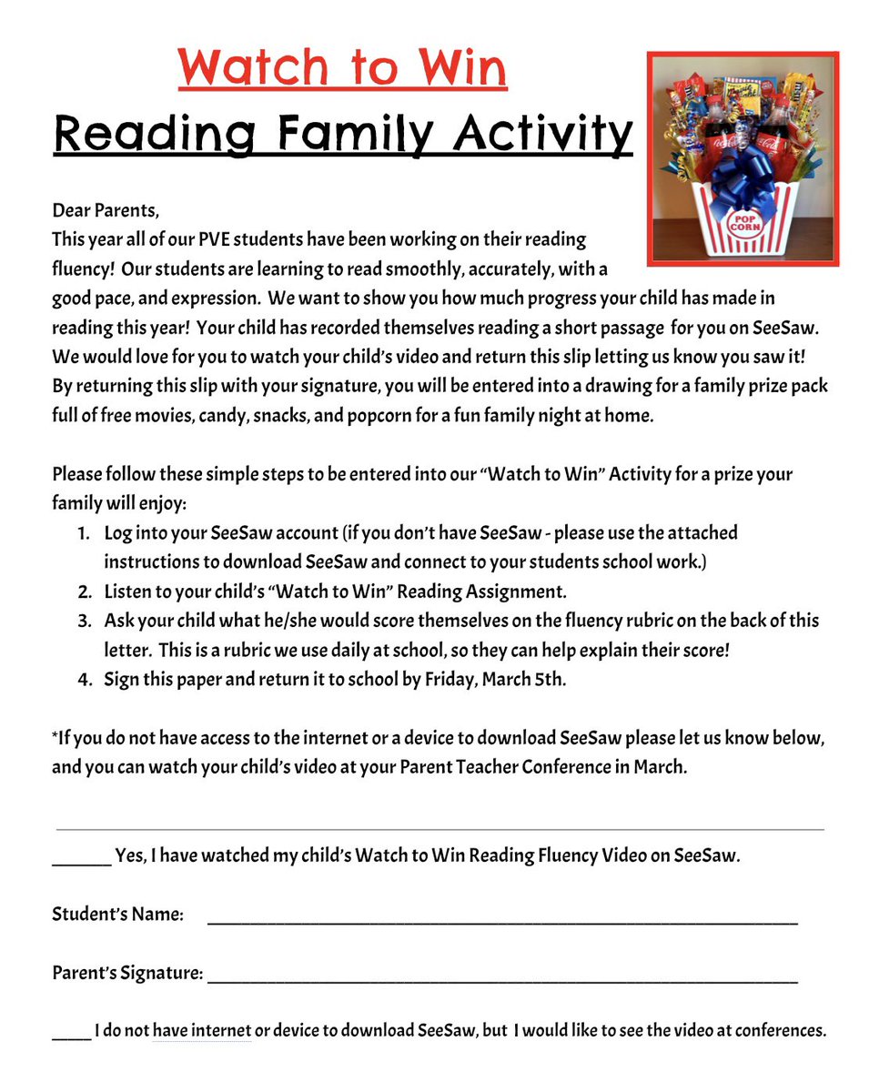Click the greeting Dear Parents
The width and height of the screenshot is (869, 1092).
pos(106,212)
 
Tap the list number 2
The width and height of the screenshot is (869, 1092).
pos(83,591)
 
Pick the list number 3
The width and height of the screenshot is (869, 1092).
pos(83,621)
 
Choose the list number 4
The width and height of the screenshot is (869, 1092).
pos(83,680)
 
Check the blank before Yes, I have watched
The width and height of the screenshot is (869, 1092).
pos(81,859)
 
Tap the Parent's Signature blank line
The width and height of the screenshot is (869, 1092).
pos(502,978)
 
